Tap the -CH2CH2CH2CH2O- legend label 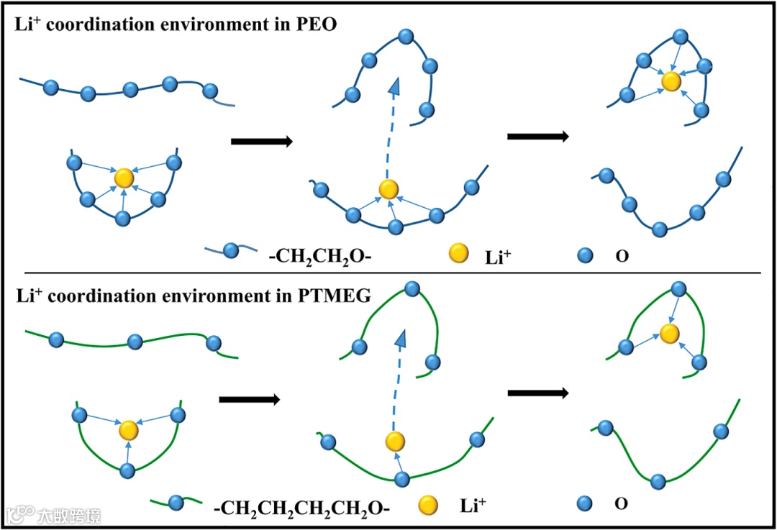(x=301, y=508)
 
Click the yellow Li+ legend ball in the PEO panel (x=458, y=253)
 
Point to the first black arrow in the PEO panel (x=261, y=142)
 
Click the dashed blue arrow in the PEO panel (x=391, y=126)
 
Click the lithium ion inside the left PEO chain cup (x=124, y=178)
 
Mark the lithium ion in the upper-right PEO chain (x=671, y=81)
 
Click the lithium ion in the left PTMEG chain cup (x=128, y=430)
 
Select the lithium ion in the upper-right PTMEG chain (x=670, y=333)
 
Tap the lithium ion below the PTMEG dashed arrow (x=394, y=441)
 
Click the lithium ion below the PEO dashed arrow (x=388, y=189)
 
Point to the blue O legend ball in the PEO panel (x=586, y=255)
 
